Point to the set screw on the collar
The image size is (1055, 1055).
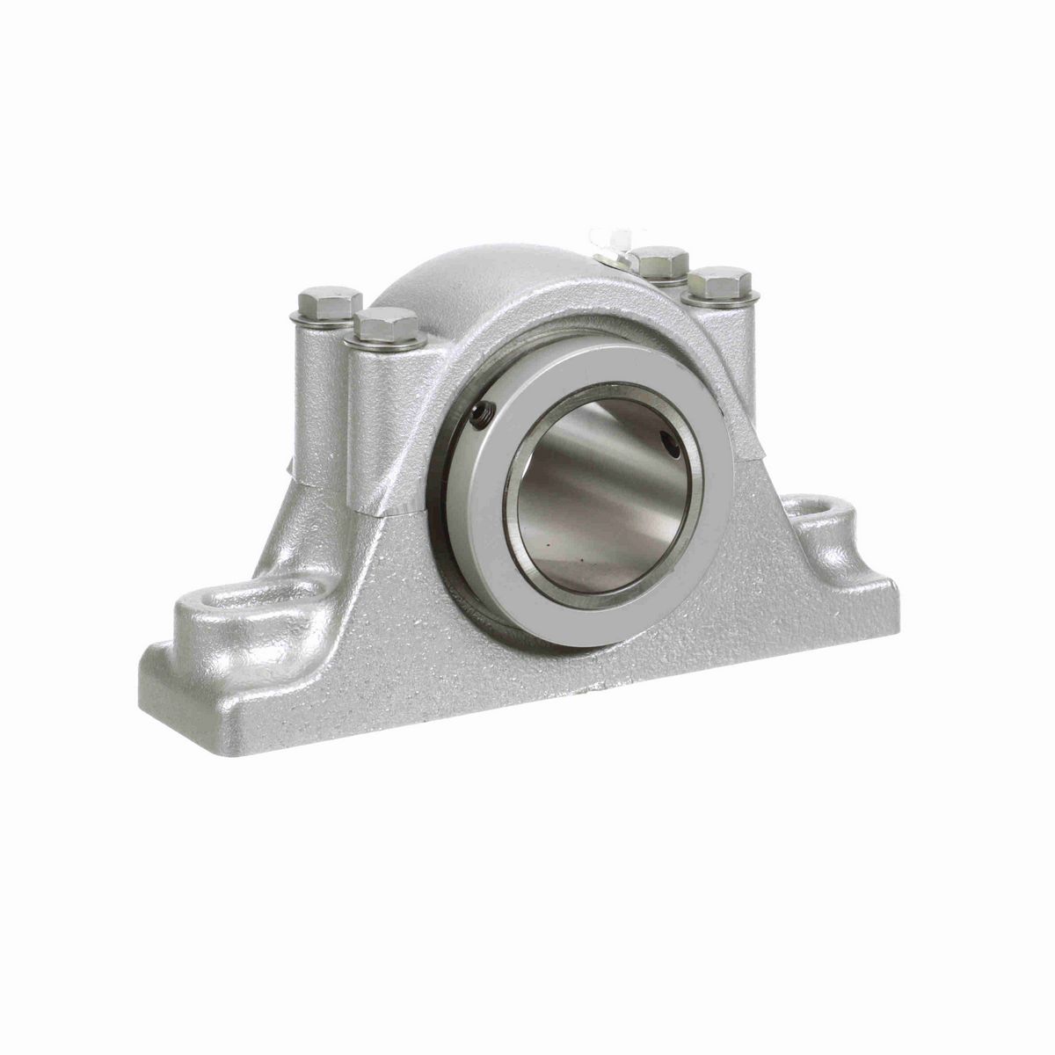[x=479, y=409]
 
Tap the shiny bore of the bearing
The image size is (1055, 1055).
[x=598, y=492]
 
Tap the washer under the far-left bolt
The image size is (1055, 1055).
[x=326, y=319]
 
